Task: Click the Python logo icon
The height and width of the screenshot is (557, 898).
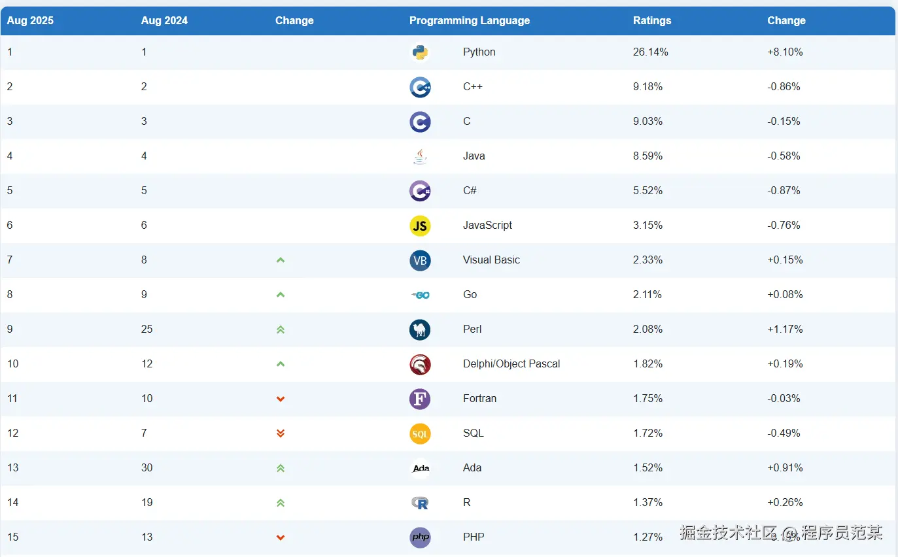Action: tap(420, 52)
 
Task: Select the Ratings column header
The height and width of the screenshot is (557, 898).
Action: tap(652, 20)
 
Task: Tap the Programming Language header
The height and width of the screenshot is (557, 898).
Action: tap(469, 20)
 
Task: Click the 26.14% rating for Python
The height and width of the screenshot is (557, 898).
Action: tap(650, 52)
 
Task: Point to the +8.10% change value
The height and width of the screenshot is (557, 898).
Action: tap(785, 52)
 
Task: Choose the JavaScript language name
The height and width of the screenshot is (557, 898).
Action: tap(487, 225)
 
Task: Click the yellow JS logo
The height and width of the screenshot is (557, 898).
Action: tap(420, 226)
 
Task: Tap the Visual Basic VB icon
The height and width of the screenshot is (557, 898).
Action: tap(420, 260)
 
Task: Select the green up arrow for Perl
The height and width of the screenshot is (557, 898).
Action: tap(281, 329)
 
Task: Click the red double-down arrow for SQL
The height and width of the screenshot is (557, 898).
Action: tap(281, 433)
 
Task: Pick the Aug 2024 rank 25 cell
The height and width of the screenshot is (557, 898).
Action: tap(147, 329)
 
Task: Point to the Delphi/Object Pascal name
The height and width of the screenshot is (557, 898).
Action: tap(511, 363)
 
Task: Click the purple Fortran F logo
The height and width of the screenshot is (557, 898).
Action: tap(420, 399)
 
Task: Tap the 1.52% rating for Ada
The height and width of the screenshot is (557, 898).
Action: tap(648, 467)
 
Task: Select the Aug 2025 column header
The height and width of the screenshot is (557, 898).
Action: tap(30, 20)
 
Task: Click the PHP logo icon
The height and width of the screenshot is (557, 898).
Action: tap(420, 537)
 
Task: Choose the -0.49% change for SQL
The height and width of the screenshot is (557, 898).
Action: tap(784, 433)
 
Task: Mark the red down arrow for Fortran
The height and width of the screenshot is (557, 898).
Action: tap(281, 399)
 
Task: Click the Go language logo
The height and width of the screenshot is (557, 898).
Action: tap(420, 295)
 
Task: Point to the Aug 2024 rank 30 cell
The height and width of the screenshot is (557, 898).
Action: tap(147, 467)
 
